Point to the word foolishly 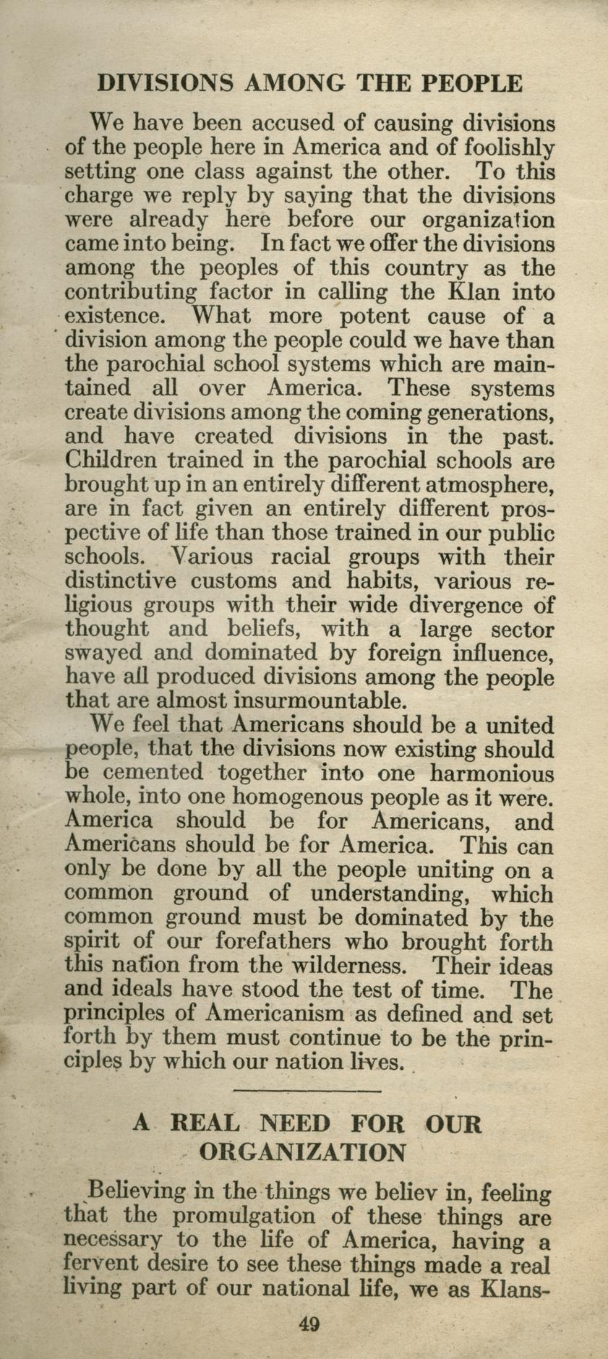pos(508,148)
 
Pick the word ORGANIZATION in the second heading pos(302,1151)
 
